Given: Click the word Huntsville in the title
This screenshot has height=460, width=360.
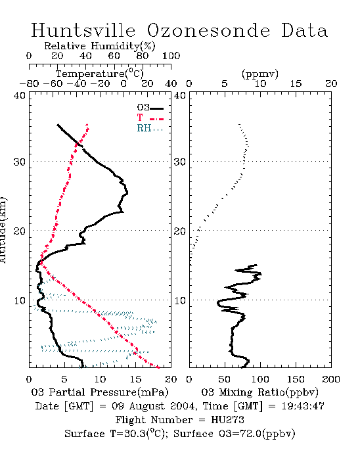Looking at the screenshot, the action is [x=83, y=30].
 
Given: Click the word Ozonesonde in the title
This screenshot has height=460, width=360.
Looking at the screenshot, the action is [x=208, y=30].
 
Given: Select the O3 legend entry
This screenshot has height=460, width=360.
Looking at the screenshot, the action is [x=150, y=108].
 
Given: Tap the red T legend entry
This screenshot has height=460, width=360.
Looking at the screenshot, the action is [x=150, y=118].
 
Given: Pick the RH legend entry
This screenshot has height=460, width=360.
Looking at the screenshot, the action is [x=150, y=128].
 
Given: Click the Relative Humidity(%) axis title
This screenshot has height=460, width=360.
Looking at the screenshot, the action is [x=100, y=46].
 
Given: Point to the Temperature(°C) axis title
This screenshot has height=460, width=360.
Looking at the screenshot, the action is [x=100, y=74].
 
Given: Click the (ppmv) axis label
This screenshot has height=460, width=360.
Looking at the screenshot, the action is [x=260, y=74].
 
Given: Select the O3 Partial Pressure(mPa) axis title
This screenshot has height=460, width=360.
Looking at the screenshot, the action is [x=100, y=392].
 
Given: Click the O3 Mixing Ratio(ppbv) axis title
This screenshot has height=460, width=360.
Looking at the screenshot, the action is [x=259, y=392].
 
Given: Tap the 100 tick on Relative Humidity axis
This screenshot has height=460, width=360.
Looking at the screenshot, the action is [x=171, y=56].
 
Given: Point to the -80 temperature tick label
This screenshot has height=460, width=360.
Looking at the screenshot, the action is [x=29, y=84].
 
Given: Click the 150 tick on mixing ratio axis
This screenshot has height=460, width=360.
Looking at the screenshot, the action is [x=296, y=379].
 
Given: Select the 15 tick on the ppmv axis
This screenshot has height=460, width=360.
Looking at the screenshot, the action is [x=296, y=84].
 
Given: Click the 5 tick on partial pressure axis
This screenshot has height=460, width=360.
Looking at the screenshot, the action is [x=64, y=379].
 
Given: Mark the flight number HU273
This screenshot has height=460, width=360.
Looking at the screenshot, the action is [x=227, y=420].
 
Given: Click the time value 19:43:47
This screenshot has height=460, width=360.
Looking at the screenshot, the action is [x=303, y=406].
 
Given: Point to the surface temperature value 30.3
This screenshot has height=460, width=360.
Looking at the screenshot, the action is [x=133, y=434].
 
